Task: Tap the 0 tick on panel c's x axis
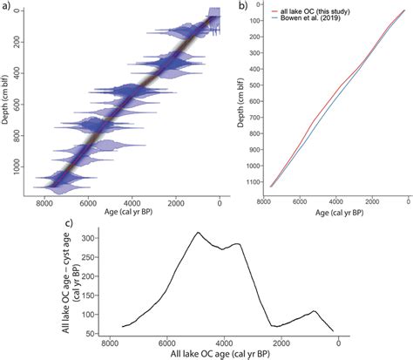[x=338, y=343]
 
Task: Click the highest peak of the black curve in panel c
[x=198, y=233]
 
